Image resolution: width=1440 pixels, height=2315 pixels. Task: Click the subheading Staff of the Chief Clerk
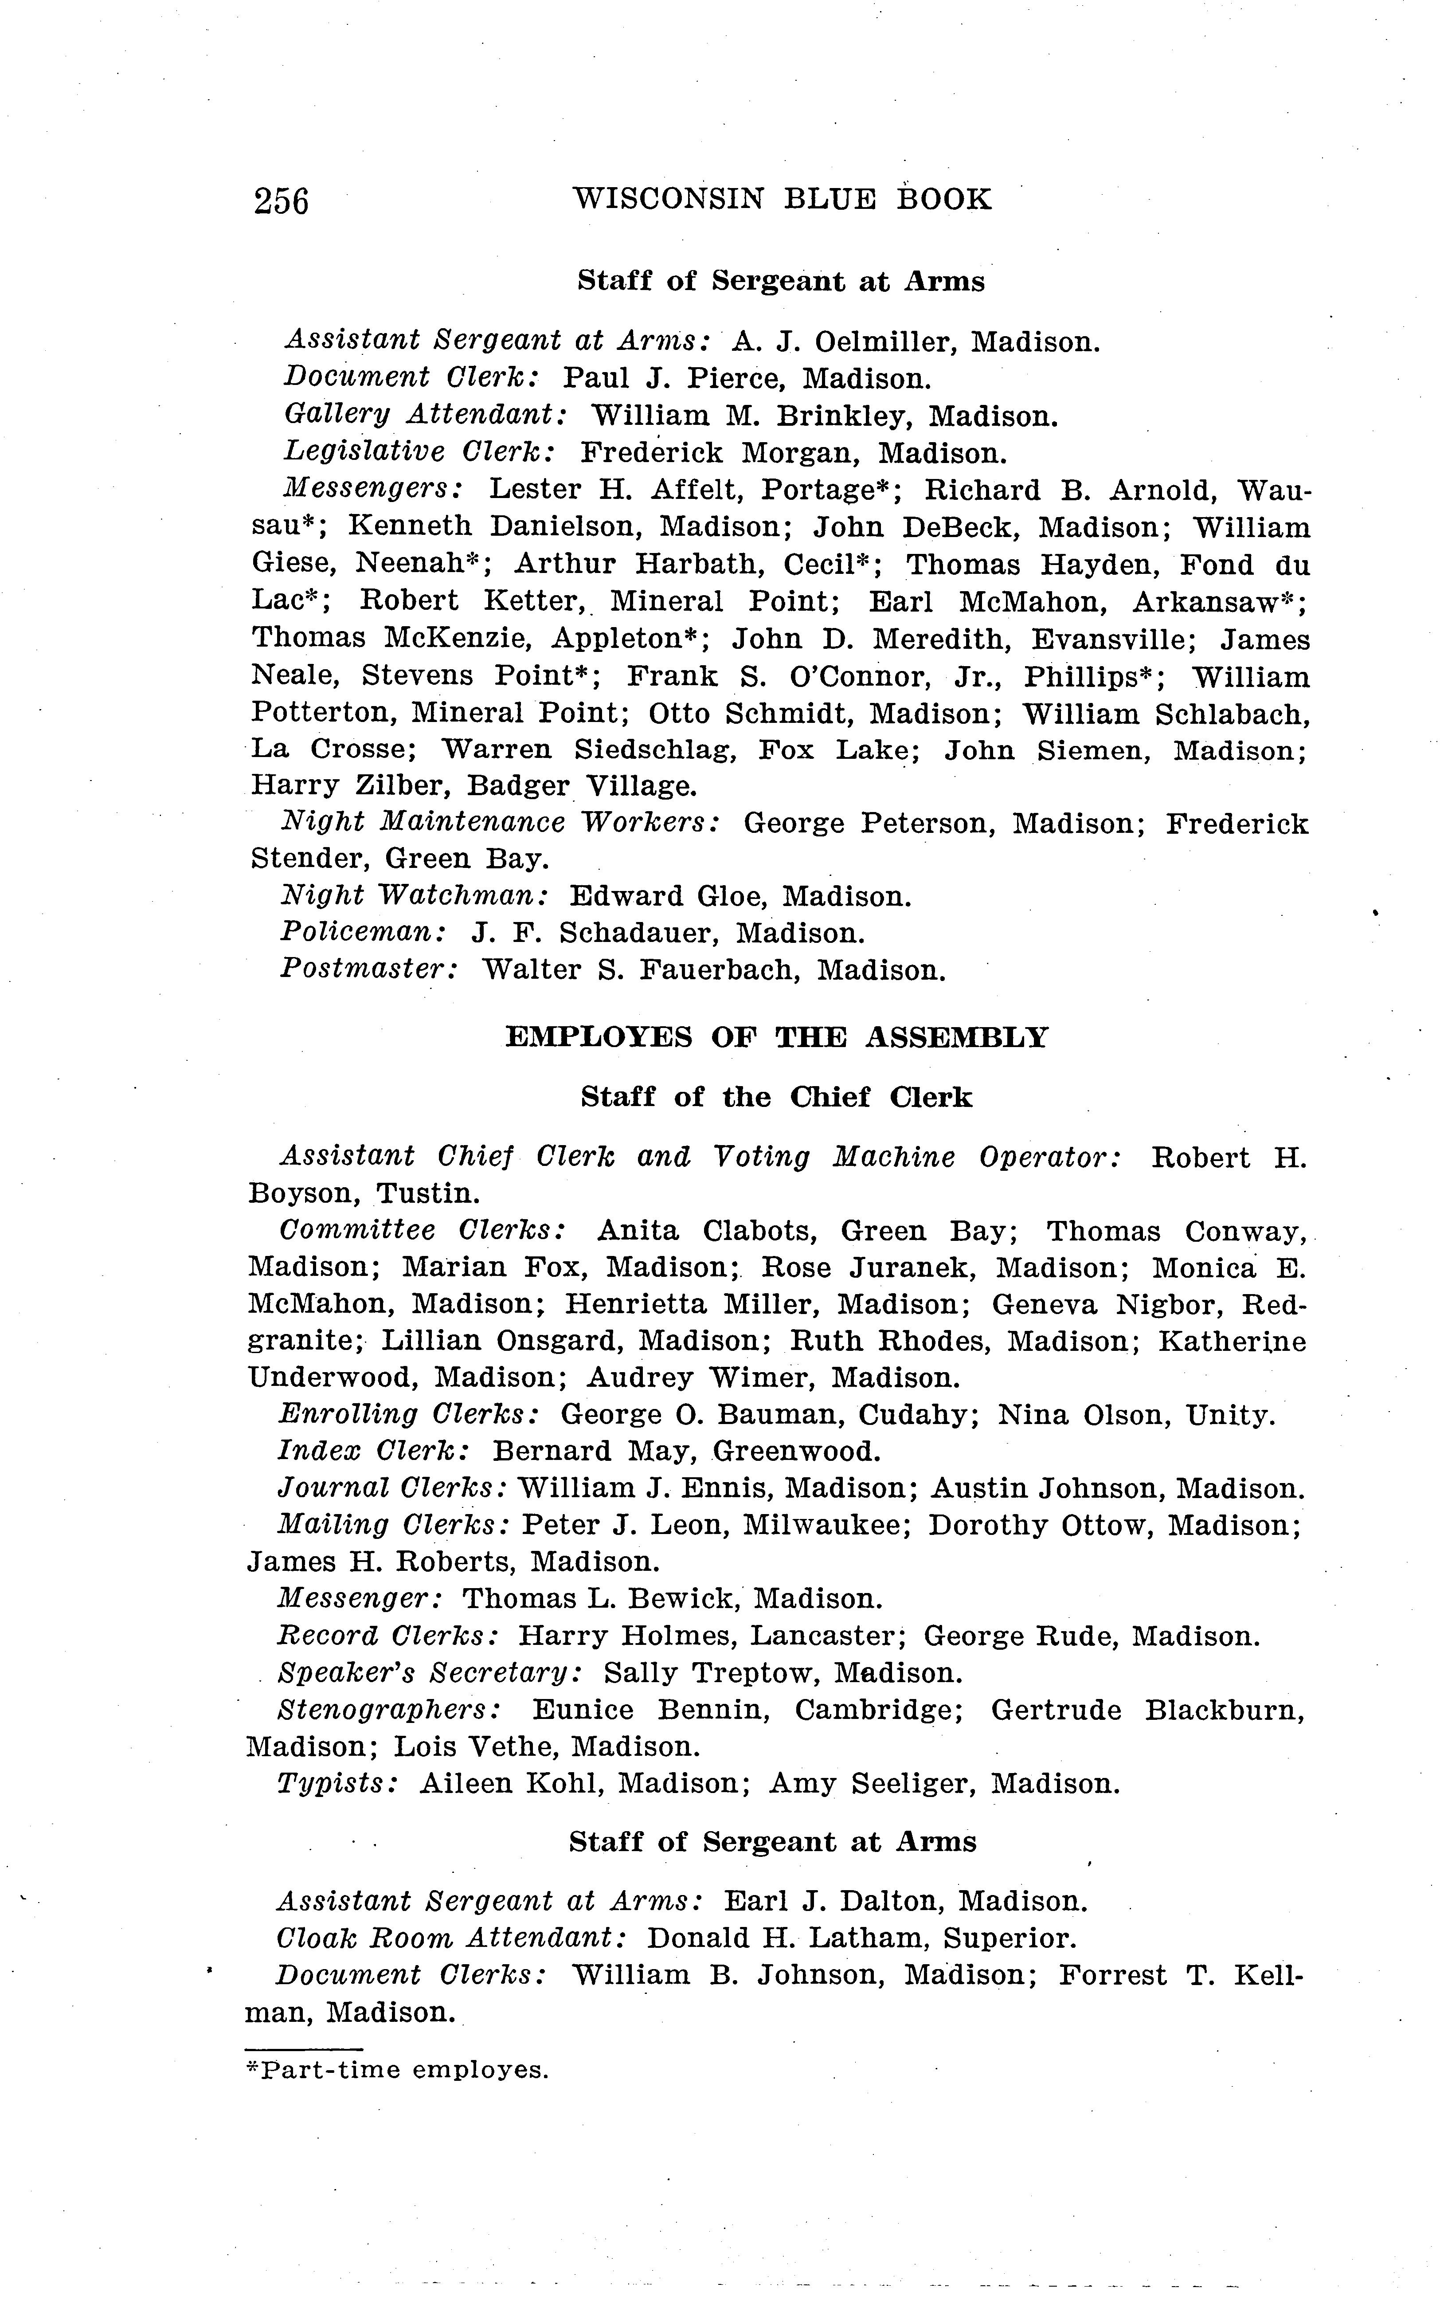tap(776, 1098)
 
